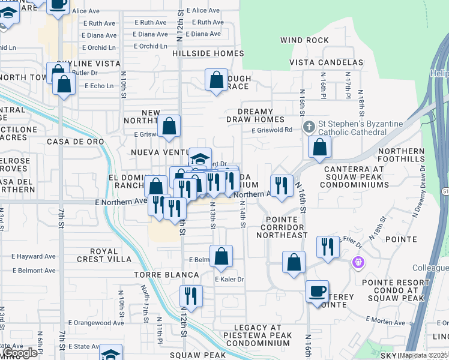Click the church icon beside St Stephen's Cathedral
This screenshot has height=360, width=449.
click(308, 127)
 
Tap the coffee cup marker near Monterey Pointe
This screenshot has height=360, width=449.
click(318, 292)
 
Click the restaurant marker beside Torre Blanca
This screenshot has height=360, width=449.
click(191, 296)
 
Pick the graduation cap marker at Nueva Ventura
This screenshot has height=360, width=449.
click(200, 159)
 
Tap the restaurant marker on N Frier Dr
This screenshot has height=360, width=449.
click(328, 247)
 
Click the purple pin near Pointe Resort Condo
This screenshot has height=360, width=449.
click(358, 262)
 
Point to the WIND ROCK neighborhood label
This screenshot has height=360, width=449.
click(304, 40)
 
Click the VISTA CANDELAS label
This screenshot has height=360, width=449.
click(326, 62)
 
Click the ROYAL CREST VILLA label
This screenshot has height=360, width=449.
click(102, 255)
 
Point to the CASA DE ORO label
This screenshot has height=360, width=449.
click(75, 142)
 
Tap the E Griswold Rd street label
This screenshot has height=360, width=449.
click(272, 130)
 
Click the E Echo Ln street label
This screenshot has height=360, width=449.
click(99, 86)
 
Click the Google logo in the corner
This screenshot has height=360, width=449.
click(19, 353)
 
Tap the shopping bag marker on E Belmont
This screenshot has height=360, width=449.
click(221, 256)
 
